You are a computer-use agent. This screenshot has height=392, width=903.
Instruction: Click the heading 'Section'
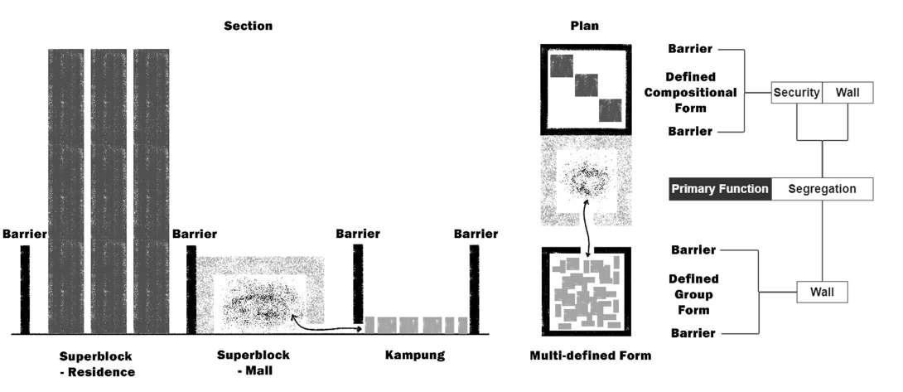point(248,26)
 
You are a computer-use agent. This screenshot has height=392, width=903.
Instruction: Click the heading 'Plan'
point(584,26)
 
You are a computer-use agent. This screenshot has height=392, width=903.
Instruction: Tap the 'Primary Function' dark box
point(720,188)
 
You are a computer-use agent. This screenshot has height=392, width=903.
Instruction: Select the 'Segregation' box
point(822,188)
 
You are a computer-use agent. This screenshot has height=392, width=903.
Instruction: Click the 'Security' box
point(796,93)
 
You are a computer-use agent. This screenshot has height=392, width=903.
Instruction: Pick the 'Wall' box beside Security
point(847,93)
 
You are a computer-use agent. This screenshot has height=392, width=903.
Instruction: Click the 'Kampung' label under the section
point(415,356)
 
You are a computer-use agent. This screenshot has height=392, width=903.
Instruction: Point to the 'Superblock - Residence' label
point(96,364)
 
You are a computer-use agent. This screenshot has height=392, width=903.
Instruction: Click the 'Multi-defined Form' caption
point(590,356)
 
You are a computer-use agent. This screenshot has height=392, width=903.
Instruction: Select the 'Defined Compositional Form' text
point(690,92)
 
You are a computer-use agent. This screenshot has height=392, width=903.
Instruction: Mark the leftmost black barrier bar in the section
point(25,289)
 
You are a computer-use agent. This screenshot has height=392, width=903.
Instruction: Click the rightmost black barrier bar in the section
point(474,289)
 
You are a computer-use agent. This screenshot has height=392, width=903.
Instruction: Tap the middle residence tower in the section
point(109,191)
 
